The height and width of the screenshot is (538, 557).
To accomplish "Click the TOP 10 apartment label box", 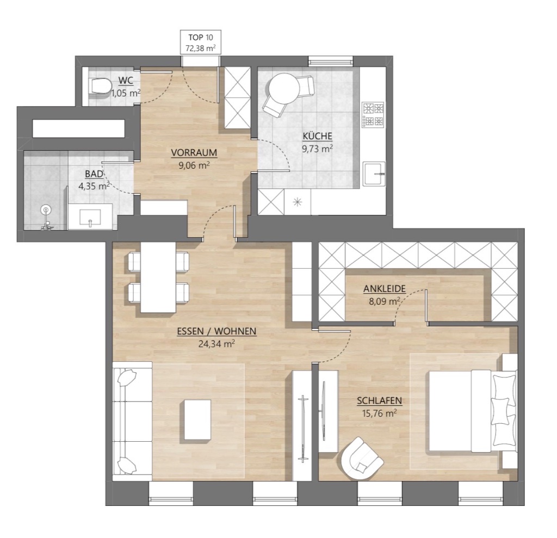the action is [201, 42].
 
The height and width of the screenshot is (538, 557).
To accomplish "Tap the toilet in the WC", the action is [99, 86].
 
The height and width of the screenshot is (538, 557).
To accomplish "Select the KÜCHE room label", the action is [317, 136].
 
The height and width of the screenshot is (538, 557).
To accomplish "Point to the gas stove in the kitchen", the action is [373, 115].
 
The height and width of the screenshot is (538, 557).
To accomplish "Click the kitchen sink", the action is [374, 174].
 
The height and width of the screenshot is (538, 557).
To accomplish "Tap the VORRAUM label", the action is [194, 153].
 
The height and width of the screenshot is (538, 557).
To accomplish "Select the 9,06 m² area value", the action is [194, 165].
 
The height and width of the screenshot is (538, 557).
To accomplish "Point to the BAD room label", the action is [94, 174].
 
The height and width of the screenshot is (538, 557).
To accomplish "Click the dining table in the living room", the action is [158, 277].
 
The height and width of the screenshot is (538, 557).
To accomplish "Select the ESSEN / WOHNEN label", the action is [216, 331].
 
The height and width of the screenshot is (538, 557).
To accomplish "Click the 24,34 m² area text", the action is [216, 344].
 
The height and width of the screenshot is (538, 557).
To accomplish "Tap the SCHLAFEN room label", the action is [379, 401].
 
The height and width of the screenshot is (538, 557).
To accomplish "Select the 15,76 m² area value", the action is [379, 413].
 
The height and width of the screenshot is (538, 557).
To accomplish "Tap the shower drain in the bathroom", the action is [46, 210].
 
